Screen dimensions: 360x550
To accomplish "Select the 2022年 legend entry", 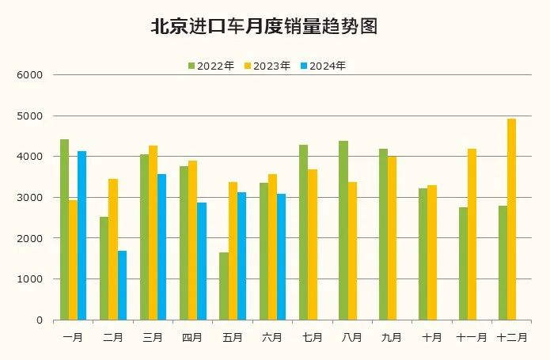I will [x=211, y=66].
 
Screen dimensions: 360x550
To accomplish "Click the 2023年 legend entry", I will [x=267, y=66].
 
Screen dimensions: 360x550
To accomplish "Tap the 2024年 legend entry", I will [x=322, y=66].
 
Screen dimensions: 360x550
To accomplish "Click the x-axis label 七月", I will [x=312, y=337].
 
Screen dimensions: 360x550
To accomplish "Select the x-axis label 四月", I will [x=192, y=337].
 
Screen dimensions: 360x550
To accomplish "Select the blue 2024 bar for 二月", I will [x=122, y=285].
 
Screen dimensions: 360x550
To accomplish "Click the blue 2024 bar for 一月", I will [x=82, y=235].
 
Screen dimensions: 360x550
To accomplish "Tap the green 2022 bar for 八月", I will [x=343, y=230].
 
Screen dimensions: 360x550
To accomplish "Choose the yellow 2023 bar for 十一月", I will [x=472, y=234].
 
